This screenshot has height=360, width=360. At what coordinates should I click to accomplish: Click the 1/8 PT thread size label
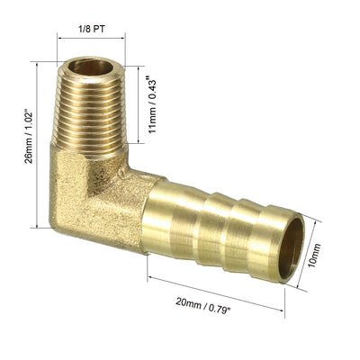[x=91, y=30]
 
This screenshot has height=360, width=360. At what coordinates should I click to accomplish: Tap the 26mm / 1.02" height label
[x=29, y=138]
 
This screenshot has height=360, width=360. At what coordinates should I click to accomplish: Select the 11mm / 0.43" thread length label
[x=153, y=106]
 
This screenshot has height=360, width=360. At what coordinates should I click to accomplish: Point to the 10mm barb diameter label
[x=315, y=256]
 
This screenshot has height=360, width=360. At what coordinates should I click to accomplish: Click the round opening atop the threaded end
[x=91, y=67]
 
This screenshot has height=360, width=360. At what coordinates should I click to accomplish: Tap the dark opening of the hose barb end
[x=292, y=247]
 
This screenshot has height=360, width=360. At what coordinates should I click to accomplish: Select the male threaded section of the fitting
[x=91, y=107]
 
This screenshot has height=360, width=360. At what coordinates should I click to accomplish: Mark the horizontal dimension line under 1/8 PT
[x=91, y=38]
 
